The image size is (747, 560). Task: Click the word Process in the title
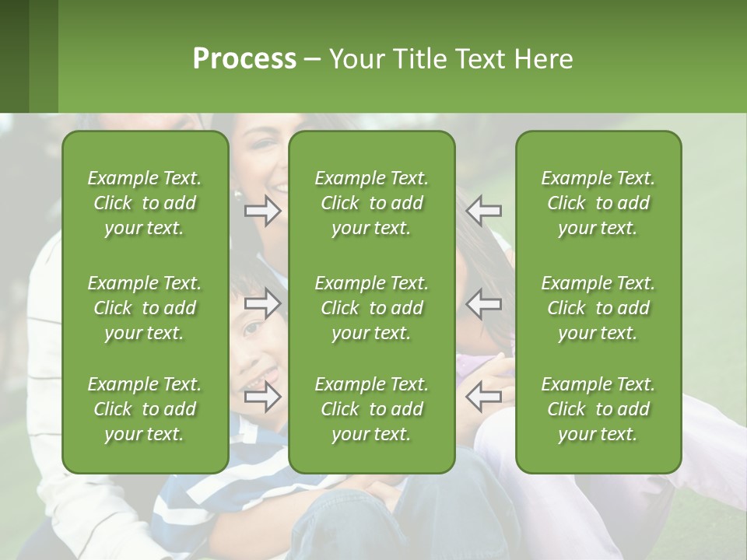[244, 59]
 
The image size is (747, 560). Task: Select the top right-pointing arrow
[263, 210]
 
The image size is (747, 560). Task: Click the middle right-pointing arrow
[263, 303]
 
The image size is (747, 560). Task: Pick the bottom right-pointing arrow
[263, 397]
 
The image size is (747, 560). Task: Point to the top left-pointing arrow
[484, 210]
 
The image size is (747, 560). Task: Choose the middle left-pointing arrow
[484, 303]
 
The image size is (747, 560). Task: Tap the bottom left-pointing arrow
[484, 397]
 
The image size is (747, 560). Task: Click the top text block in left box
[145, 203]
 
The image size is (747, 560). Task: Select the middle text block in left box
[145, 308]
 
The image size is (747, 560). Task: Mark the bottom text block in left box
[145, 409]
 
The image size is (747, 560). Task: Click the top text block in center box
[372, 203]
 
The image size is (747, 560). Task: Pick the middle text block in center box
[372, 308]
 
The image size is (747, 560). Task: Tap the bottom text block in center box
[372, 409]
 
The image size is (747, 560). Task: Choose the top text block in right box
[598, 203]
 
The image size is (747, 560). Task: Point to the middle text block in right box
[598, 308]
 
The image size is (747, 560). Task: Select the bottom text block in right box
[598, 409]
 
